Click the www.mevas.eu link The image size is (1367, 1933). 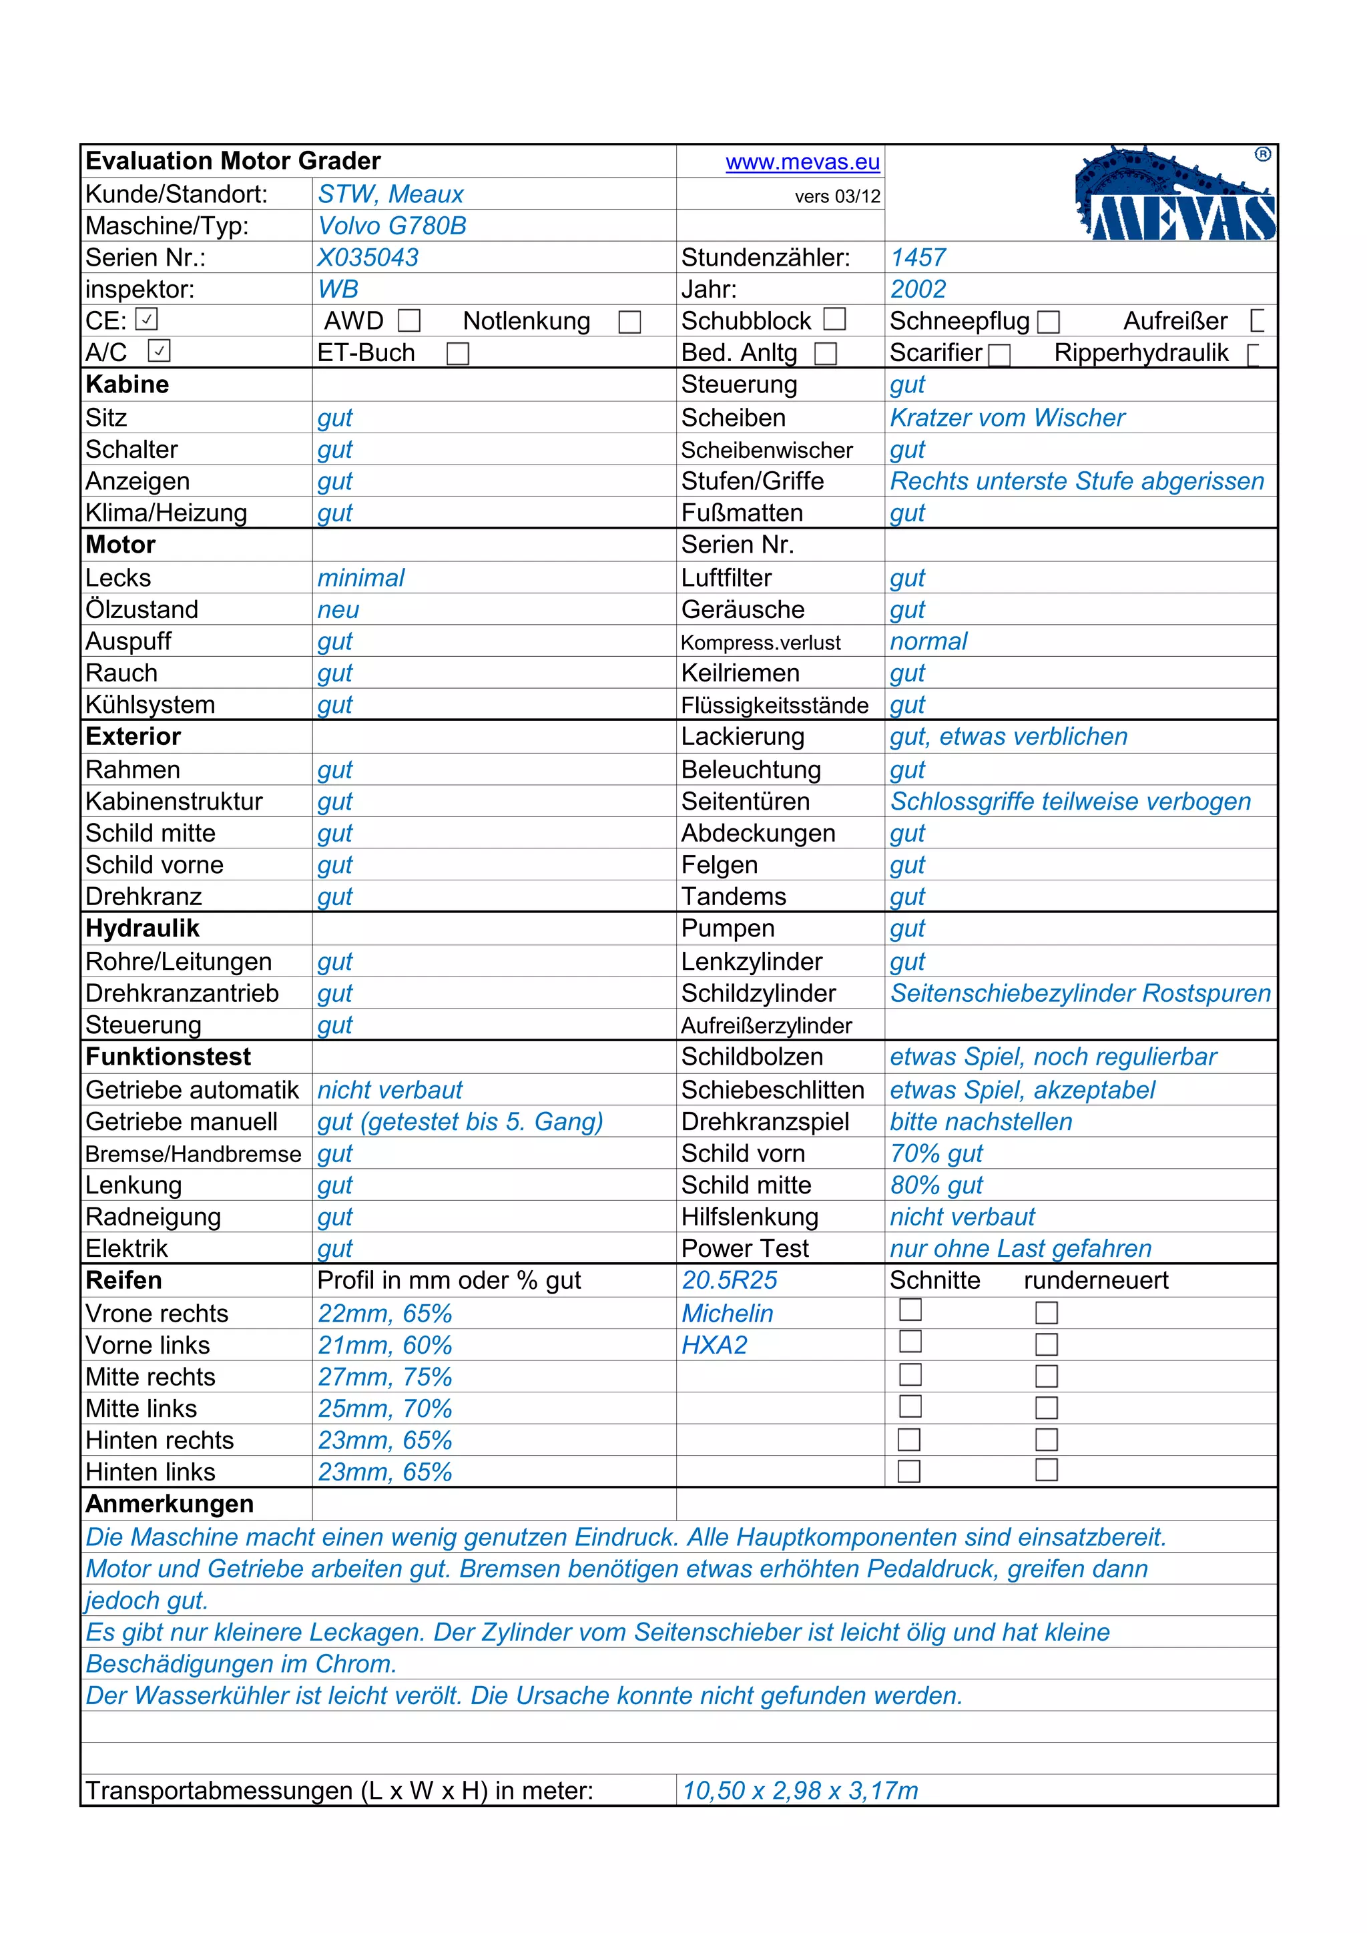pyautogui.click(x=802, y=162)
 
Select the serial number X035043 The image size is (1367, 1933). pyautogui.click(x=368, y=258)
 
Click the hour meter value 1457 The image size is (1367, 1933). pyautogui.click(x=918, y=258)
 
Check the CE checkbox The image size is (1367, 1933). pyautogui.click(x=146, y=320)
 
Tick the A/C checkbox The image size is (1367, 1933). pyautogui.click(x=159, y=350)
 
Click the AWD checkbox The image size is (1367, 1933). pyautogui.click(x=409, y=321)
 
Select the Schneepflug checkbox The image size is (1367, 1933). pyautogui.click(x=1048, y=322)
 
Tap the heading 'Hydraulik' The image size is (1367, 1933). pyautogui.click(x=142, y=928)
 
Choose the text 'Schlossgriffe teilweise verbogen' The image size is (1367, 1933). pyautogui.click(x=1070, y=802)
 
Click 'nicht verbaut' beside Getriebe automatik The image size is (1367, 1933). pyautogui.click(x=390, y=1090)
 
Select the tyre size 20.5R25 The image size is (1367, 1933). pyautogui.click(x=729, y=1280)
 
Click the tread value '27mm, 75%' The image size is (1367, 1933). pyautogui.click(x=384, y=1376)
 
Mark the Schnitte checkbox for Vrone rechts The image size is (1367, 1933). pyautogui.click(x=910, y=1310)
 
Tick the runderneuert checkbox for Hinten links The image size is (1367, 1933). pyautogui.click(x=1047, y=1470)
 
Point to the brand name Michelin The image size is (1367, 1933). pyautogui.click(x=728, y=1314)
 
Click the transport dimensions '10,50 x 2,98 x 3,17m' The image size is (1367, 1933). pyautogui.click(x=800, y=1791)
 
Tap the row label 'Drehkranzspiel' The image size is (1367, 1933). pyautogui.click(x=764, y=1122)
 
